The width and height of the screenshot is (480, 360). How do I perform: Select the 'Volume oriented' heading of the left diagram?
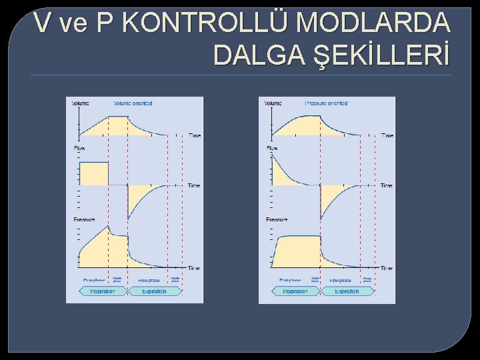coord(133,103)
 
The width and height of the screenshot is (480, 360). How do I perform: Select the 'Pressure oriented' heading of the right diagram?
coord(326,103)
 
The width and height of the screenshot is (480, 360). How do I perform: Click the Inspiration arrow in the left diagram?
coord(103,291)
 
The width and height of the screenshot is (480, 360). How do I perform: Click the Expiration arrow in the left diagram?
coord(153,291)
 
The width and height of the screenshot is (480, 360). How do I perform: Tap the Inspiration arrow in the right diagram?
coord(295,291)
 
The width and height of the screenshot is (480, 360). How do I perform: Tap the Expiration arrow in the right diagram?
coord(347,291)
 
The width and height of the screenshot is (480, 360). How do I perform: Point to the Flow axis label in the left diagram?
coord(79,148)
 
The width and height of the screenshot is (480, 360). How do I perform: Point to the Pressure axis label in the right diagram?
coord(277,219)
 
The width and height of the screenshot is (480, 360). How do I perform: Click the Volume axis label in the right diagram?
coord(273,103)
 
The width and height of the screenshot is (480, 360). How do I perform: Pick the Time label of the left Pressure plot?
coord(193,268)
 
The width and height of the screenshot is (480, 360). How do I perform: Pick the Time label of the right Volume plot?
coord(387,135)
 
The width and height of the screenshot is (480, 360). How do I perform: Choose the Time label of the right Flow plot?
coord(387,185)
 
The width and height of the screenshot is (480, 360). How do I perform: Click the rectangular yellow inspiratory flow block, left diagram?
coord(93,173)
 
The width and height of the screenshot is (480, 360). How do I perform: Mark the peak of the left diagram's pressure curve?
coord(109,226)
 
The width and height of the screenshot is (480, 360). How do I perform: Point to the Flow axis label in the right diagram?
coord(272,148)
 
